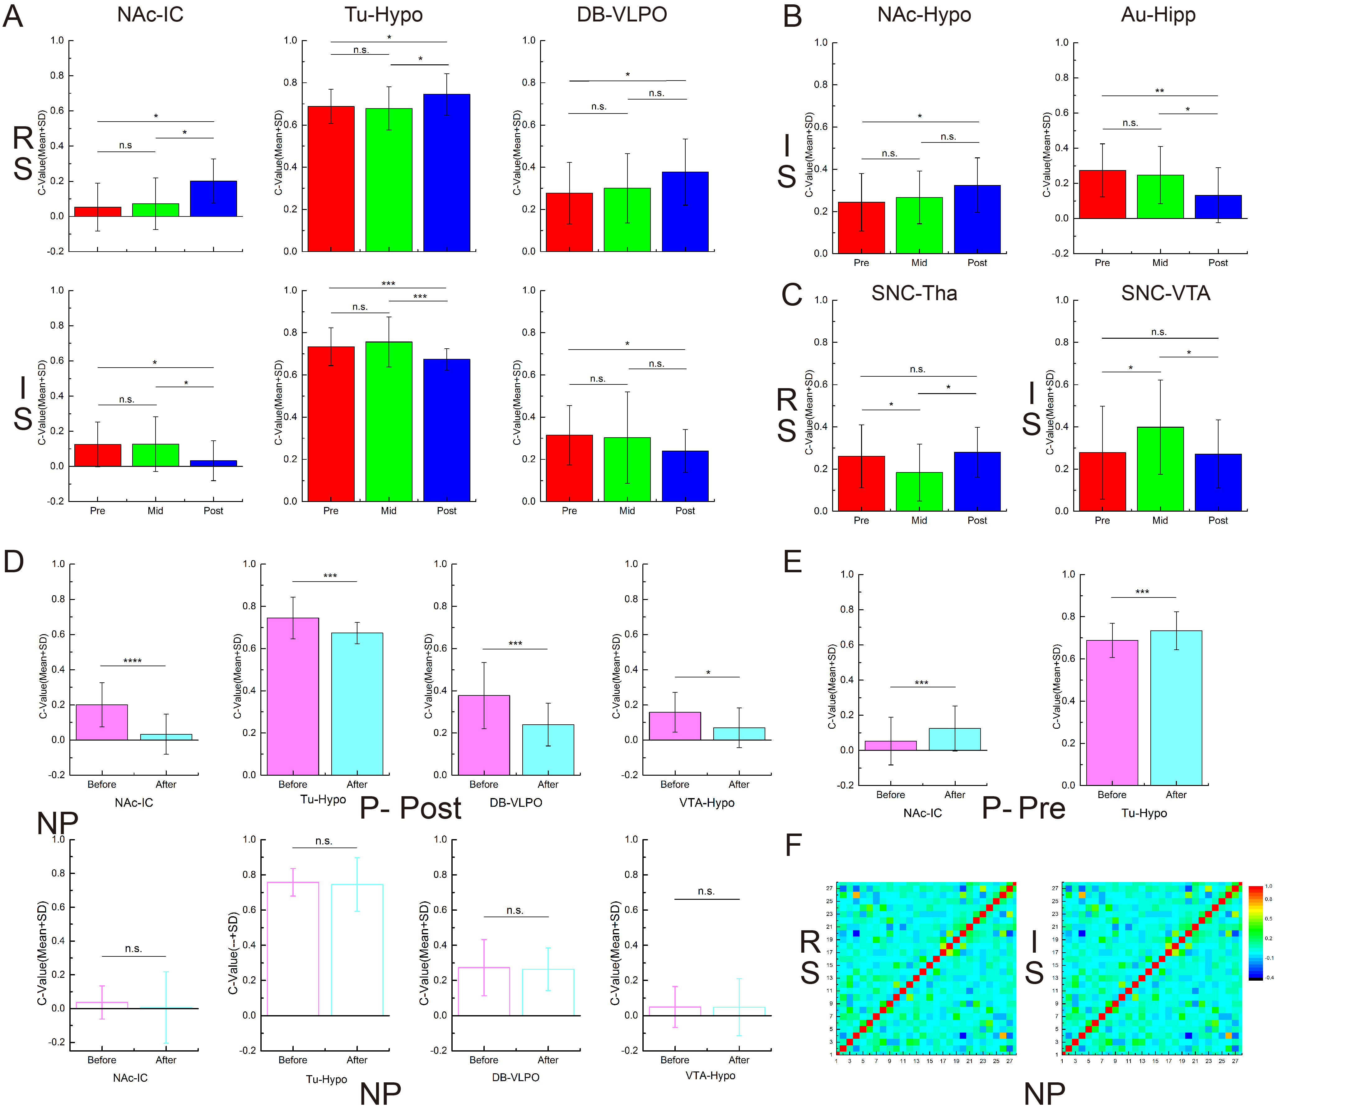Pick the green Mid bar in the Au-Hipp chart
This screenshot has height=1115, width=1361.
1160,197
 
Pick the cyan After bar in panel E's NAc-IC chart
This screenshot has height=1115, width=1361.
954,739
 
